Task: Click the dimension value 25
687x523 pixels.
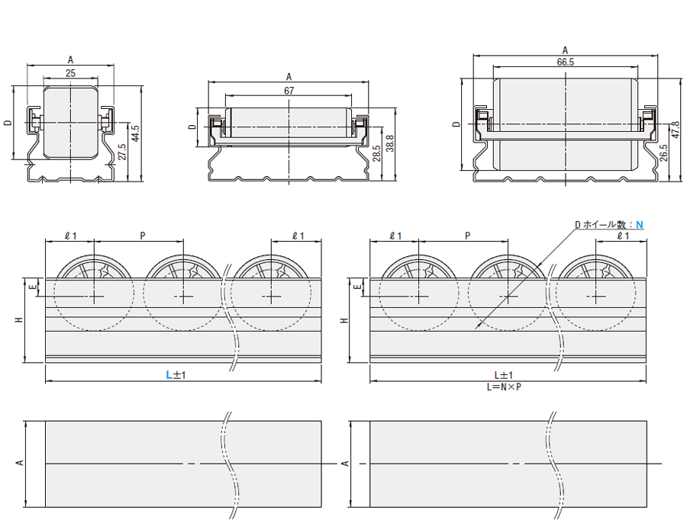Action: click(x=70, y=73)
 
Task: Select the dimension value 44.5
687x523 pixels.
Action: click(x=135, y=133)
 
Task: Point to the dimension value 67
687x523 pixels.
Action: click(x=289, y=90)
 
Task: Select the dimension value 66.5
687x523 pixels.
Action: click(x=566, y=63)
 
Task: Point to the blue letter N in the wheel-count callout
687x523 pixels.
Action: click(x=640, y=224)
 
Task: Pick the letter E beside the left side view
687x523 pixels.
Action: click(x=32, y=287)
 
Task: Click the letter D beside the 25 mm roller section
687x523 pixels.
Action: click(x=7, y=123)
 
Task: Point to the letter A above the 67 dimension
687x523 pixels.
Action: click(x=289, y=76)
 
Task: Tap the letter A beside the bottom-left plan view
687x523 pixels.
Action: click(x=20, y=463)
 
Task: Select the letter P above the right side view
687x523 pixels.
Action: click(x=466, y=236)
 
